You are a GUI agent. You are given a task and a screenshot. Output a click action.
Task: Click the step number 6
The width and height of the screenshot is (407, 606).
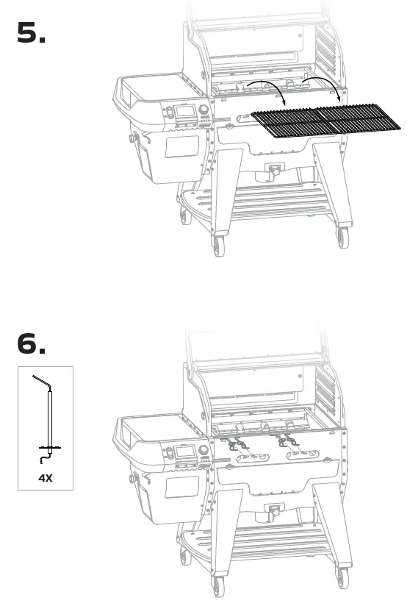(31, 344)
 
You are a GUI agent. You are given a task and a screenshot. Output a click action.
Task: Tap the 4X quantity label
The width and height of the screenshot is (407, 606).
(45, 477)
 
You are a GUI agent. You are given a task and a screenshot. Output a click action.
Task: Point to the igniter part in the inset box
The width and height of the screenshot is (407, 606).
(48, 419)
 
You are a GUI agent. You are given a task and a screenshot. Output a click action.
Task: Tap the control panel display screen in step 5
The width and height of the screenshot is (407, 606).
(187, 113)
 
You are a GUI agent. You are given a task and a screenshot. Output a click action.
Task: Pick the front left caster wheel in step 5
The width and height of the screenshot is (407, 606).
(217, 244)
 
